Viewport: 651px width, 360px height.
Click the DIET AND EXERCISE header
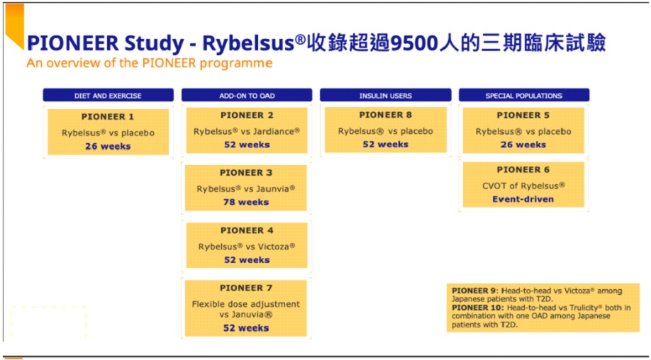click(108, 95)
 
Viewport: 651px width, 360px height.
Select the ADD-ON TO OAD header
click(247, 95)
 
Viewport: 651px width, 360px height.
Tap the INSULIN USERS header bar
click(385, 95)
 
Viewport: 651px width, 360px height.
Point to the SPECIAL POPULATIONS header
click(523, 95)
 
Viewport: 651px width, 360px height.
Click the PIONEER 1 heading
click(108, 117)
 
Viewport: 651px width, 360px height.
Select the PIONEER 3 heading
click(246, 172)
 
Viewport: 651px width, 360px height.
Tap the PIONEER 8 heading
click(385, 115)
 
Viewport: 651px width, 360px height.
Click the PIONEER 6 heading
click(523, 169)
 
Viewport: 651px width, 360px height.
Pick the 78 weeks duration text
click(246, 202)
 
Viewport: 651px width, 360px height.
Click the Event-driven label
click(523, 199)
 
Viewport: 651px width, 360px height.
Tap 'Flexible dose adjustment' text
click(246, 304)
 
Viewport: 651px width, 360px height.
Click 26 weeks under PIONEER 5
click(523, 145)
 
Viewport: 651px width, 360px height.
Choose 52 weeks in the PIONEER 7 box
click(246, 328)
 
